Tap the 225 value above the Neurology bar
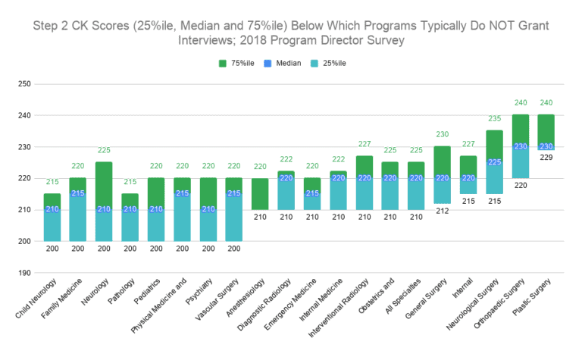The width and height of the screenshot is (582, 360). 104,150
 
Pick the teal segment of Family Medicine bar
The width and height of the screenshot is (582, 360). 78,220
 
